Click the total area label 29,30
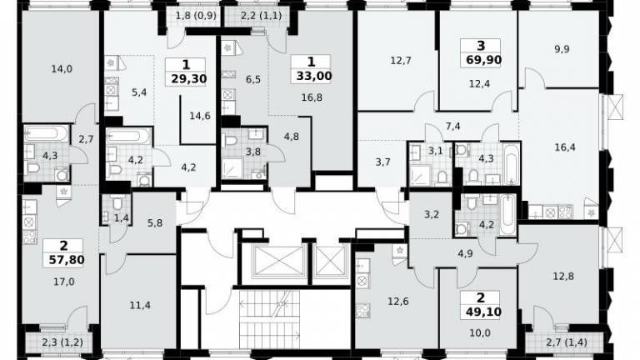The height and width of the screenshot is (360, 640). (x=188, y=79)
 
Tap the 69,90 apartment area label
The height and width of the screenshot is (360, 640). (x=483, y=60)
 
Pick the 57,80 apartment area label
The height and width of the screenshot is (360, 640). (x=66, y=260)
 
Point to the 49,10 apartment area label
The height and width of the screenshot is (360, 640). (x=483, y=312)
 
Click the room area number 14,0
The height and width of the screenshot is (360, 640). (x=62, y=69)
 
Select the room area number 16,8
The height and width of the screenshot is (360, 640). (x=312, y=97)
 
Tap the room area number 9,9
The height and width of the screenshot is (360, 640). (x=562, y=49)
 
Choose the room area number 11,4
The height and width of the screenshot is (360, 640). (x=140, y=305)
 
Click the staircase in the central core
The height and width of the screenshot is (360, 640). (x=270, y=320)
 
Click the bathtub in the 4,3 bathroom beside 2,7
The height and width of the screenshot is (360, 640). (x=47, y=134)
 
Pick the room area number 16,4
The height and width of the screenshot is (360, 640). (x=565, y=147)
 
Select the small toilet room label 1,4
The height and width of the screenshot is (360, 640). (x=121, y=218)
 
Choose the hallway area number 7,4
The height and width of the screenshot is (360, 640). (x=452, y=127)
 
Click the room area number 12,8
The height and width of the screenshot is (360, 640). (x=563, y=277)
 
